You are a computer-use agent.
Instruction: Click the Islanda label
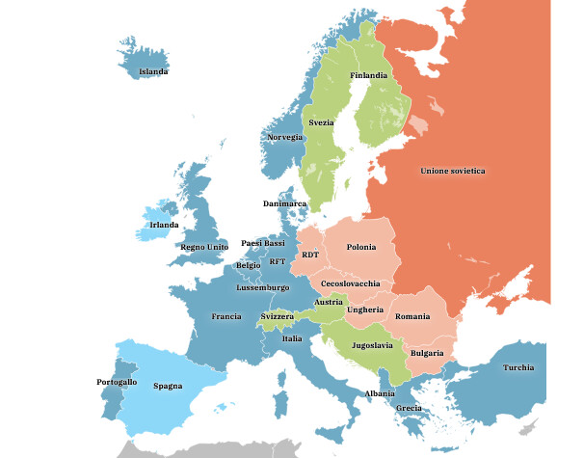[153, 71]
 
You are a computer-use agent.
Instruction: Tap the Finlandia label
[369, 75]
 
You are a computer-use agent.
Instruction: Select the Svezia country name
[321, 123]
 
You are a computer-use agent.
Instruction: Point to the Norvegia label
[283, 137]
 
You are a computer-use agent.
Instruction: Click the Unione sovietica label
[452, 171]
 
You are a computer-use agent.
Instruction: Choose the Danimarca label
[284, 203]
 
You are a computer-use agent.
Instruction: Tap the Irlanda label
[164, 225]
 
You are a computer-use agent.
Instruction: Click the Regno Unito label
[203, 247]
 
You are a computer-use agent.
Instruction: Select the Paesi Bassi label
[263, 243]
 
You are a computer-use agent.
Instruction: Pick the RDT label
[309, 255]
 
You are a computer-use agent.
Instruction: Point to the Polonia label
[360, 247]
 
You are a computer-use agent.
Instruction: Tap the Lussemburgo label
[262, 287]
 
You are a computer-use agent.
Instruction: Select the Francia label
[226, 316]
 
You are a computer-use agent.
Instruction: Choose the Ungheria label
[366, 310]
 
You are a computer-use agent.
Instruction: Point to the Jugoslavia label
[372, 344]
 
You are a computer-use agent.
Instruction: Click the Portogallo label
[117, 383]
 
